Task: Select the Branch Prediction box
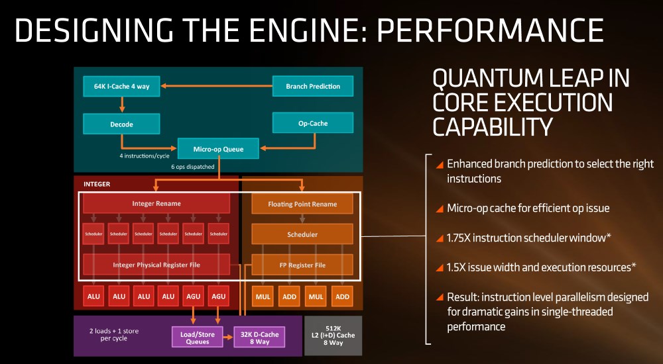pyautogui.click(x=313, y=86)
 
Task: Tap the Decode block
pyautogui.click(x=122, y=124)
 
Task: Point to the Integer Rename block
pyautogui.click(x=156, y=203)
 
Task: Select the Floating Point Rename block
pyautogui.click(x=302, y=204)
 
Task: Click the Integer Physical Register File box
pyautogui.click(x=156, y=265)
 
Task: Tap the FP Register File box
pyautogui.click(x=302, y=265)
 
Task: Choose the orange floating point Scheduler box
pyautogui.click(x=302, y=234)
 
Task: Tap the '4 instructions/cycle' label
pyautogui.click(x=144, y=156)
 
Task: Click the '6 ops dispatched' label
pyautogui.click(x=193, y=167)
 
